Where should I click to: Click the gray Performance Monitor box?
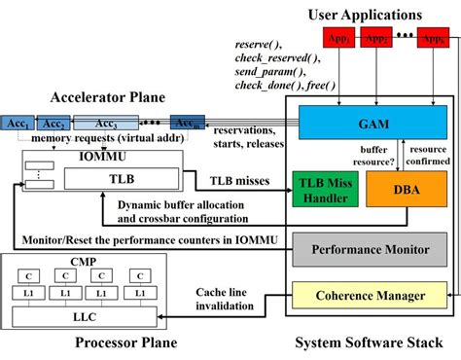pyautogui.click(x=370, y=249)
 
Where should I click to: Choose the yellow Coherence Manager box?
pyautogui.click(x=370, y=296)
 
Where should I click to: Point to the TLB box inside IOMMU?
pyautogui.click(x=121, y=179)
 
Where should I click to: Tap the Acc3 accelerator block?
pyautogui.click(x=107, y=124)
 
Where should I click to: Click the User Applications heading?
pyautogui.click(x=365, y=14)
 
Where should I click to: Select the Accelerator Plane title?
pyautogui.click(x=108, y=97)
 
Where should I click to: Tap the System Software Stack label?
pyautogui.click(x=369, y=343)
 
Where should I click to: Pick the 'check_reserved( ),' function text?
pyautogui.click(x=277, y=58)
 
